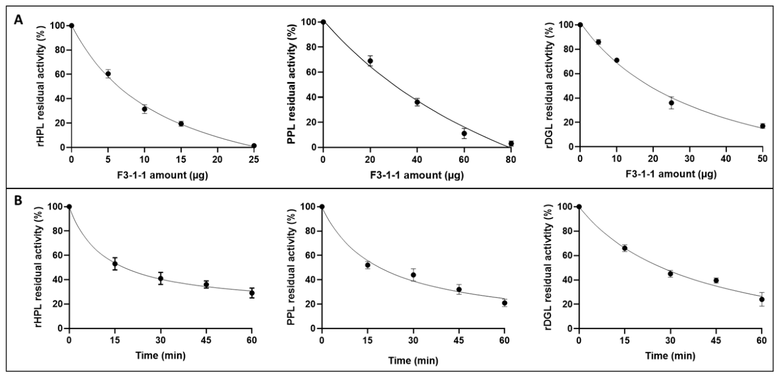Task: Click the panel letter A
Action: [19, 20]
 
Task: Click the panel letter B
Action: [18, 201]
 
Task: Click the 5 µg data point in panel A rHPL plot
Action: [108, 74]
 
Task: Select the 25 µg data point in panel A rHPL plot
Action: [254, 146]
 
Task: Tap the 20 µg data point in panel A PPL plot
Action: [370, 61]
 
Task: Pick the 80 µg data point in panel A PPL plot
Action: [511, 144]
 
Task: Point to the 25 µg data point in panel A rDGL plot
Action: [671, 103]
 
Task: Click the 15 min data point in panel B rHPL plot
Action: [115, 264]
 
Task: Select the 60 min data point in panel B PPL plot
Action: [505, 303]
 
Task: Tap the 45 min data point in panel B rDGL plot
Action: [716, 281]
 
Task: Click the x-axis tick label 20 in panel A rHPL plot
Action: [217, 160]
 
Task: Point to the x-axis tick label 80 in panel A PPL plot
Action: [511, 160]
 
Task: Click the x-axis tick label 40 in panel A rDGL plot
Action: [726, 159]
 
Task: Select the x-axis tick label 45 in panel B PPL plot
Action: [459, 340]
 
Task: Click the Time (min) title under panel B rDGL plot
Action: [671, 356]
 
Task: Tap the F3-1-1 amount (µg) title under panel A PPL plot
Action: [417, 175]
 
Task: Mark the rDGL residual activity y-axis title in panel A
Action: [550, 83]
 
